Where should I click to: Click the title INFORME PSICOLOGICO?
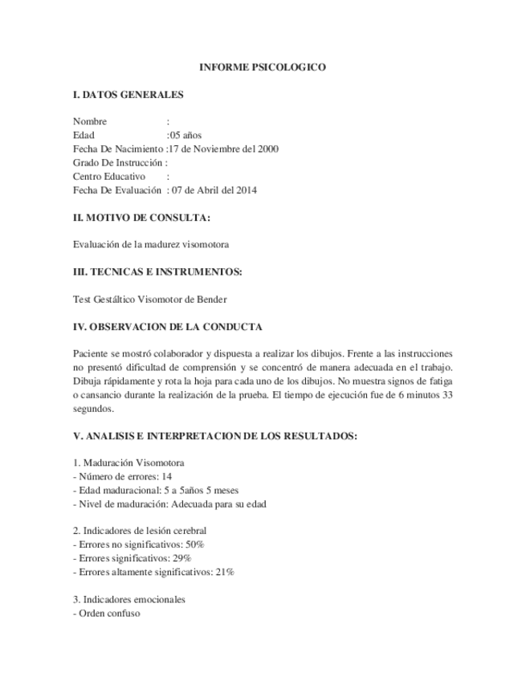263,68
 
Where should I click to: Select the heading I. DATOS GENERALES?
128,95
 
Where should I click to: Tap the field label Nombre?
90,121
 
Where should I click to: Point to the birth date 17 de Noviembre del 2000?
224,149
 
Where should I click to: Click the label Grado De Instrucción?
117,162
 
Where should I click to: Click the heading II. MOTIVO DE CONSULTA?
141,217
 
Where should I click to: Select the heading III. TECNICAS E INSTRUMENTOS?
157,271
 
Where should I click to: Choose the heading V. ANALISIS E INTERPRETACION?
214,435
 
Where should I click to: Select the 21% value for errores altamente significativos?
224,572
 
